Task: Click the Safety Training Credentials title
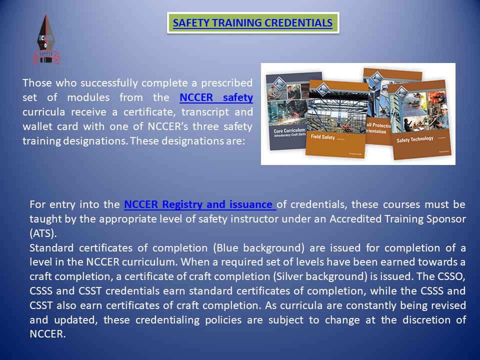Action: (252, 23)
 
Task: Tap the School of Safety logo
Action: (45, 40)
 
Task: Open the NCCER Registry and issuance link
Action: (199, 204)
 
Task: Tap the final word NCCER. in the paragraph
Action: (47, 334)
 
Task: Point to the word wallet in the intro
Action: (37, 126)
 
